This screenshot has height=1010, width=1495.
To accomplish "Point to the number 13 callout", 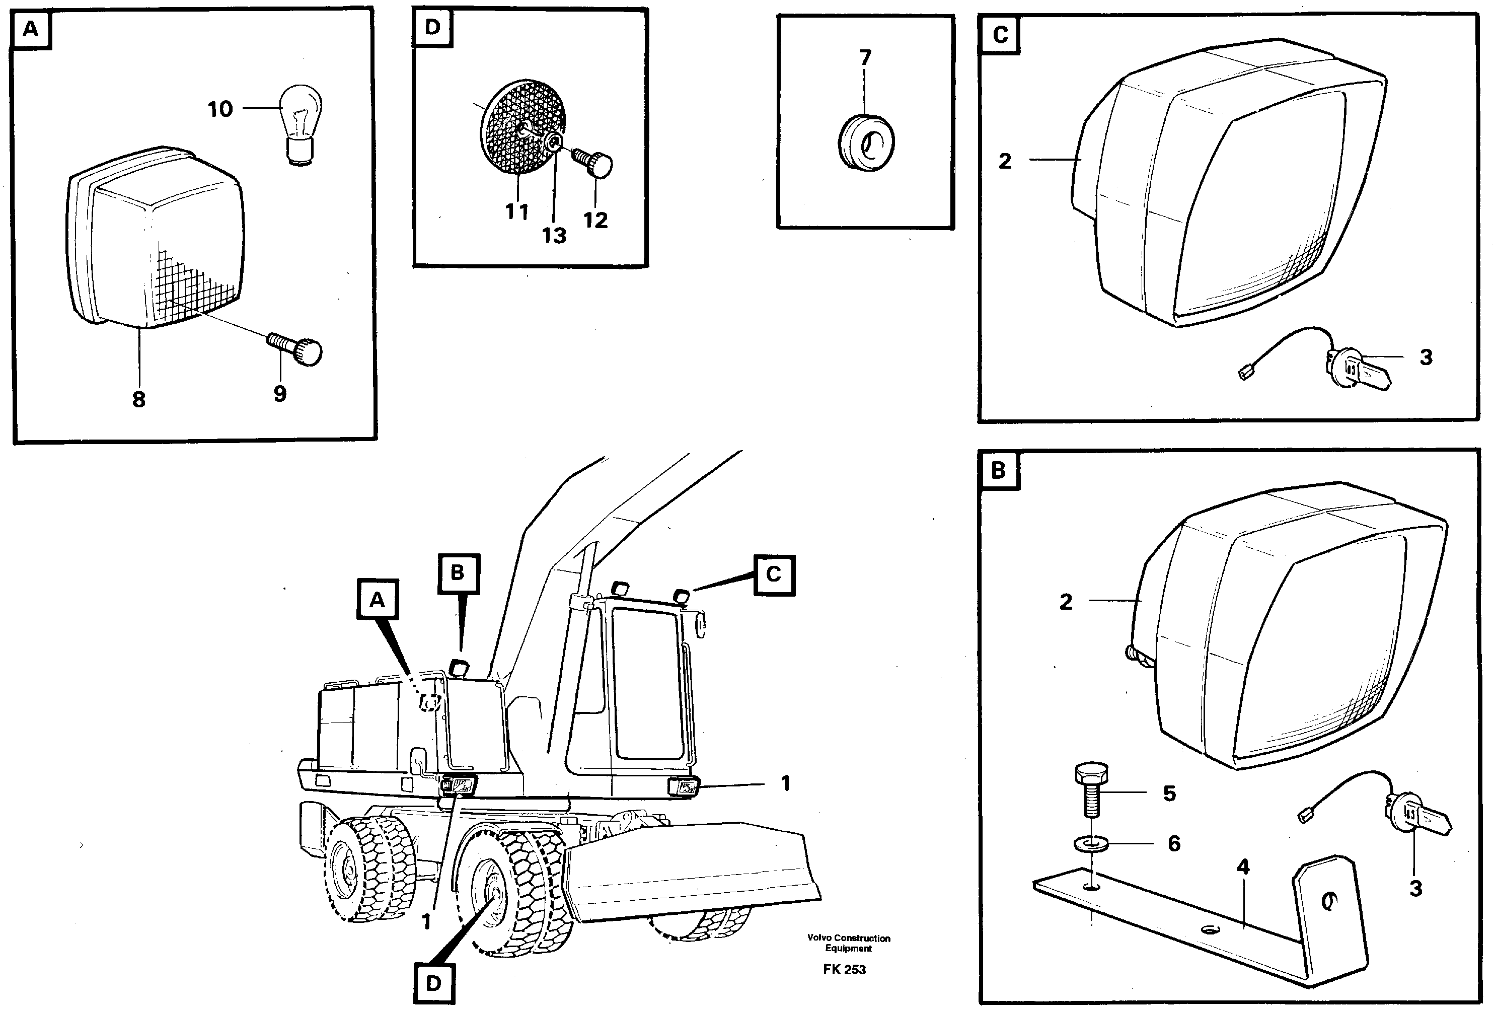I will click(554, 236).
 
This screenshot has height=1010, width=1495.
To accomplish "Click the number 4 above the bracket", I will click(1243, 867).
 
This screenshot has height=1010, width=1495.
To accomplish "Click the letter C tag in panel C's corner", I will click(1000, 35).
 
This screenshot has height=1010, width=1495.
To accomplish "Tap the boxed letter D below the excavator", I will click(434, 983).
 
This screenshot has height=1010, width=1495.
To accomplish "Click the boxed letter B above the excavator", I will click(458, 572).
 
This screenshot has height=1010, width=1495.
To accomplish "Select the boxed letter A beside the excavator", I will click(378, 600).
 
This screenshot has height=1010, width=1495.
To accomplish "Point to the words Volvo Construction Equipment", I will click(849, 943).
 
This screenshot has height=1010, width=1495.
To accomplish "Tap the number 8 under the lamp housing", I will click(138, 399).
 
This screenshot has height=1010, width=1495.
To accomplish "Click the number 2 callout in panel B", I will click(1066, 602).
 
